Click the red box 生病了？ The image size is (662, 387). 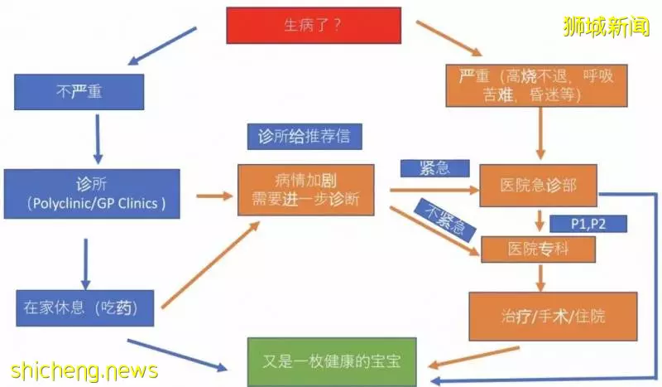pyautogui.click(x=314, y=26)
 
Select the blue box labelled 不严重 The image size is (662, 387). pyautogui.click(x=79, y=92)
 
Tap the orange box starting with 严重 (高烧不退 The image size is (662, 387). pyautogui.click(x=536, y=85)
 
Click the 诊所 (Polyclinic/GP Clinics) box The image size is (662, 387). pyautogui.click(x=92, y=194)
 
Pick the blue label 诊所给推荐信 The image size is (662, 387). pyautogui.click(x=305, y=136)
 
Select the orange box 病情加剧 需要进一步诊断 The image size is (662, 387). pyautogui.click(x=306, y=190)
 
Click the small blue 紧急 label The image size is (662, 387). pyautogui.click(x=435, y=168)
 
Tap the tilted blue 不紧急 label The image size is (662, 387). pyautogui.click(x=445, y=220)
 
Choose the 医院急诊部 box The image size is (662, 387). pyautogui.click(x=539, y=186)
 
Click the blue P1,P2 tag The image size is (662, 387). pyautogui.click(x=588, y=224)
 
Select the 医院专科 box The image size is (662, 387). pyautogui.click(x=539, y=249)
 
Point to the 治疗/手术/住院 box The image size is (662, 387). pyautogui.click(x=553, y=316)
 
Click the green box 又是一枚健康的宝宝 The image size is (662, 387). pyautogui.click(x=332, y=361)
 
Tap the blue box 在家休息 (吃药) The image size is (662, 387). pyautogui.click(x=85, y=308)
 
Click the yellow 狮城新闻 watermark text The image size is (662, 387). pyautogui.click(x=607, y=27)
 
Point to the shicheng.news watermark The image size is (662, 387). pyautogui.click(x=84, y=371)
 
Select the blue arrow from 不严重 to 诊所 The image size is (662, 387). pyautogui.click(x=98, y=139)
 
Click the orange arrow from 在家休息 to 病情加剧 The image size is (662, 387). pyautogui.click(x=211, y=264)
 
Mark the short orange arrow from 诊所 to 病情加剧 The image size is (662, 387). pyautogui.click(x=215, y=196)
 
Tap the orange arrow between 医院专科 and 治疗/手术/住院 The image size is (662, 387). pyautogui.click(x=540, y=278)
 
